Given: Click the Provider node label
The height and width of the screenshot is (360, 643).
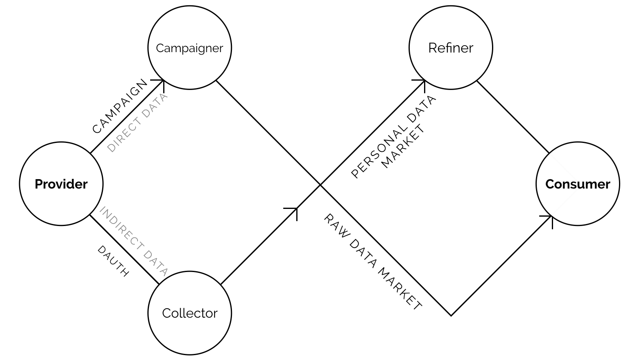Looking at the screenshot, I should tap(61, 184).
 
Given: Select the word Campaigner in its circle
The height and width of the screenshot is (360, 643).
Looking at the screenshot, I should tap(189, 48).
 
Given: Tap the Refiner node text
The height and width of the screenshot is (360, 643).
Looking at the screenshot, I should tap(451, 48).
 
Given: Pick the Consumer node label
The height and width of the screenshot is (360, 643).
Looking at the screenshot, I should tap(577, 184).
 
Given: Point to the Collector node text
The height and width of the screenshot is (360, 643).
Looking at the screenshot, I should tap(190, 313).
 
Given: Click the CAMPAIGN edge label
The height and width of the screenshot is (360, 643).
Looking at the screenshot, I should tap(120, 107).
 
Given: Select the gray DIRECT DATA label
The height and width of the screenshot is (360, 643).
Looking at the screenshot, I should tap(137, 123).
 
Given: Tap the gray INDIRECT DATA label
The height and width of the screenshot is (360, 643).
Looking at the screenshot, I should tap(134, 241).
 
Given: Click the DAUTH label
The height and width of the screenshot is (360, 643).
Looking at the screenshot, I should tap(113, 261).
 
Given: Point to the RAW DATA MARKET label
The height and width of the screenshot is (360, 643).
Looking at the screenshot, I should tap(373, 262).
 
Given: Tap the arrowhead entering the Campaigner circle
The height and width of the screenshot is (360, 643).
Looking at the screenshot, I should tap(163, 81).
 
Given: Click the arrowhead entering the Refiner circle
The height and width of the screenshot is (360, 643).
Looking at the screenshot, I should tap(424, 81).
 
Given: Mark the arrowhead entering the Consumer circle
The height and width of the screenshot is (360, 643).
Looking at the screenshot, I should tap(551, 216).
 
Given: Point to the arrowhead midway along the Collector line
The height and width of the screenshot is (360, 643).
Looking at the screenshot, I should tap(296, 209).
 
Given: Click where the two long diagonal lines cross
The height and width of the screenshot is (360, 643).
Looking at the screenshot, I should tap(320, 185).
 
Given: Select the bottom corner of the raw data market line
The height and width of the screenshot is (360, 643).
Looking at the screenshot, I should tap(451, 315).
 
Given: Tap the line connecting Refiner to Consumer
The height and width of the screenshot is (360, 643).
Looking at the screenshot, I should tap(513, 117).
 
